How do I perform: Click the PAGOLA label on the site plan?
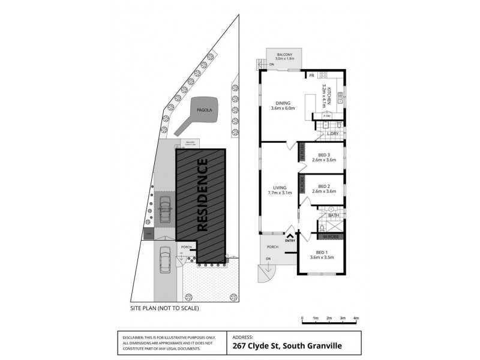coord(202,110)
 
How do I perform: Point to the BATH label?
coord(333,214)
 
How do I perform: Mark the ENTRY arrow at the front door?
coord(291,236)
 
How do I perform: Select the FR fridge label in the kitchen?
coord(312,76)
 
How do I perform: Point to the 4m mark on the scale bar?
coord(356,319)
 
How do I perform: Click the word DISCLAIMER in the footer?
coord(133,338)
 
